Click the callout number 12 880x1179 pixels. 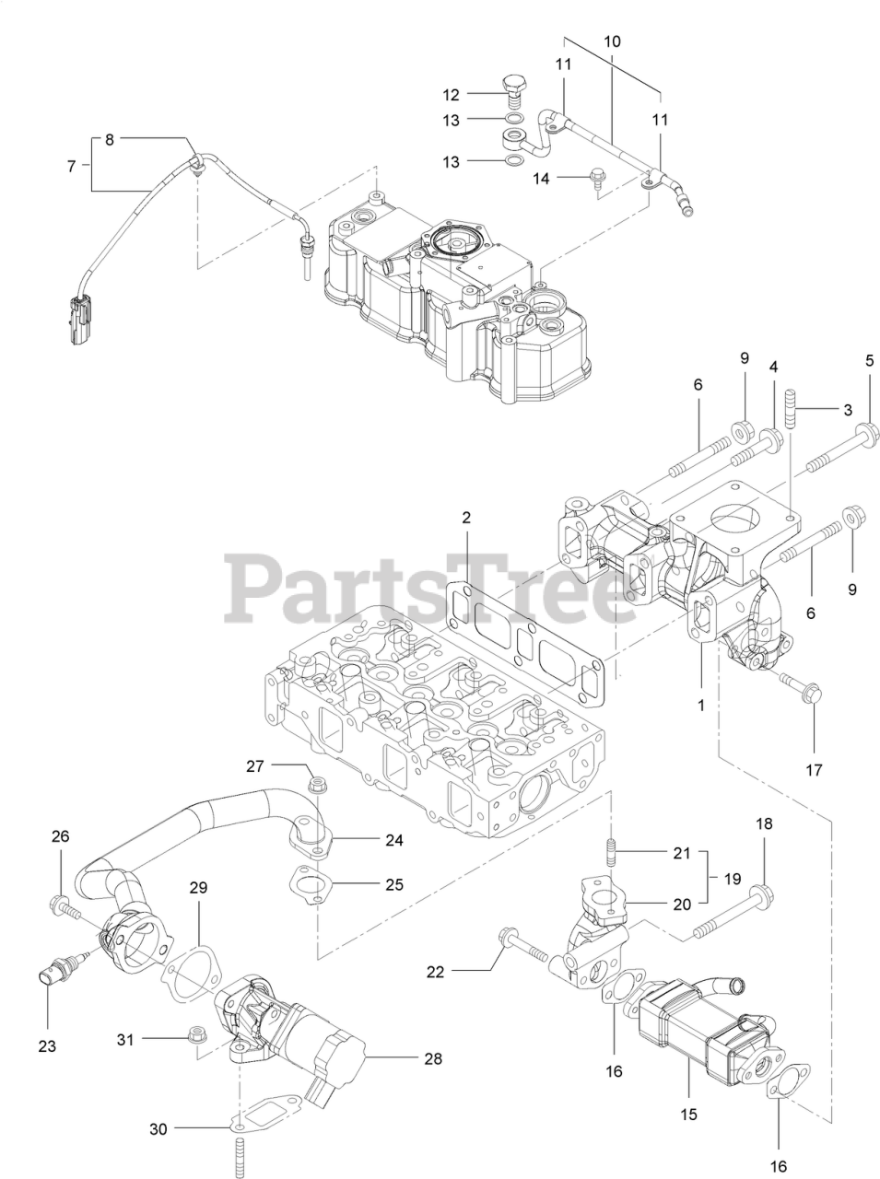point(451,94)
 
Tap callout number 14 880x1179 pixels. point(541,178)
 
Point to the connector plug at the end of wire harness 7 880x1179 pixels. point(79,319)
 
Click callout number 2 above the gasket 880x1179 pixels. point(466,518)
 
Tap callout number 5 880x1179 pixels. point(868,360)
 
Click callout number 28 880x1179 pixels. point(432,1058)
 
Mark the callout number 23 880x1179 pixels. point(47,1045)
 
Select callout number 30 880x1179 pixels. point(159,1128)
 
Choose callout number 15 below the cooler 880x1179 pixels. point(688,1115)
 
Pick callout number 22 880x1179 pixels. point(436,970)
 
